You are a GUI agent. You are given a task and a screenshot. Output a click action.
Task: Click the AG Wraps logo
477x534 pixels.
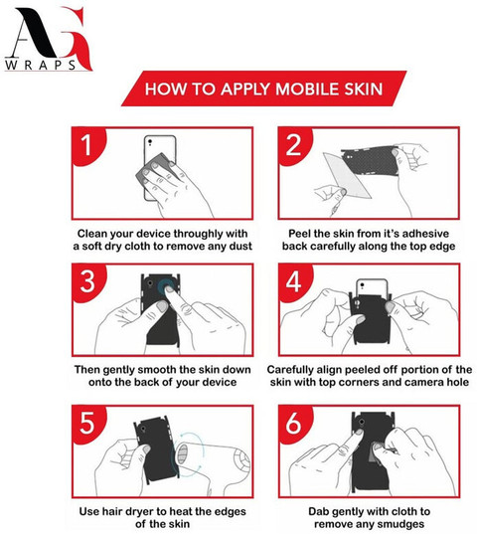pos(48,39)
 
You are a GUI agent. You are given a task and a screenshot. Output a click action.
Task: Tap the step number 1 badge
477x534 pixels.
pos(87,145)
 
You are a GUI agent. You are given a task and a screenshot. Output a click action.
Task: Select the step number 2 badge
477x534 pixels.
pos(293,145)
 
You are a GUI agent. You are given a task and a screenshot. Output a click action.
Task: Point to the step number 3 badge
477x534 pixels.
pos(87,281)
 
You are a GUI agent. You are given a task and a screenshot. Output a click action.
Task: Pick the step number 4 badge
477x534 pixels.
pos(293,281)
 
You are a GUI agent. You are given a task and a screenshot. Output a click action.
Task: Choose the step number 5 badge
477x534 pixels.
pos(87,424)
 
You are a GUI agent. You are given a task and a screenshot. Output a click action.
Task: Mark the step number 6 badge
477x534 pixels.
pos(293,424)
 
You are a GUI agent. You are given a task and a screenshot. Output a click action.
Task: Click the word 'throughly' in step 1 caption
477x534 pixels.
pos(195,234)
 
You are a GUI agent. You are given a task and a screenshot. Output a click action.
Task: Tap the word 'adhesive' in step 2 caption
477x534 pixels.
pos(426,234)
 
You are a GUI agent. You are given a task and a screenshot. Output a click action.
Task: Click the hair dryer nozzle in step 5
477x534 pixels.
pos(183,453)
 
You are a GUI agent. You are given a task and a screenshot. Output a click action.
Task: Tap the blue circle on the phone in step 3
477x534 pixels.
pos(167,286)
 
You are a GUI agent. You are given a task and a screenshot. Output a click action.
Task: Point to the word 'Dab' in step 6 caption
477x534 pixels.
pos(318,511)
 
